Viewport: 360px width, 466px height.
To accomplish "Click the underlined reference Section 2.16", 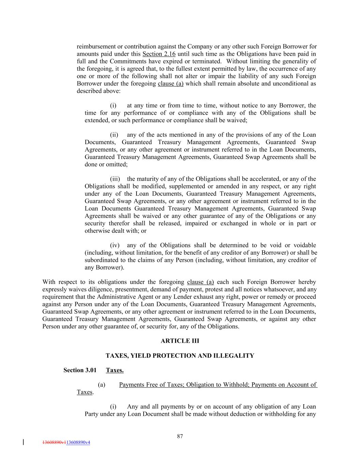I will pos(159,54).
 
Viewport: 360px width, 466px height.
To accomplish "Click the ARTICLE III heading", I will pos(180,341).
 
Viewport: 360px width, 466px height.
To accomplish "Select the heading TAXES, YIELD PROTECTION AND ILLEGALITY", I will pos(180,356).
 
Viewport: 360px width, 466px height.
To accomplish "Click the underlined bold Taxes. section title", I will pos(115,370).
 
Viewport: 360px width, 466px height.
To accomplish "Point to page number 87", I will pos(180,436).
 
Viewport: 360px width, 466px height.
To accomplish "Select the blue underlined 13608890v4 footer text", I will pos(78,442).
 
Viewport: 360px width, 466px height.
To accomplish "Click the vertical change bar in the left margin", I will pos(23,442).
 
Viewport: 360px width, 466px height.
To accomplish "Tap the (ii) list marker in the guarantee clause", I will pos(114,135).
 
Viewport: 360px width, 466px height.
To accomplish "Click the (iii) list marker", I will pos(115,179).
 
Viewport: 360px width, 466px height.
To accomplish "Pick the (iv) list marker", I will pos(115,245).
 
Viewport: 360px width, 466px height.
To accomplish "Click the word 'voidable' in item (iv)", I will pos(304,245).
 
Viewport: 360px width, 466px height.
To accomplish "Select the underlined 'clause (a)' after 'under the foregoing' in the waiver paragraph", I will pos(200,282).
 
